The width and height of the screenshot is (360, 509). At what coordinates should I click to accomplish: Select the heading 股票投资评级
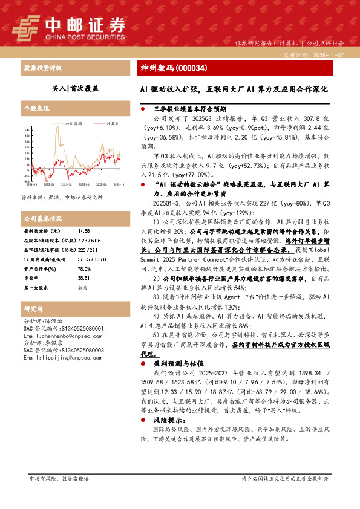pos(43,68)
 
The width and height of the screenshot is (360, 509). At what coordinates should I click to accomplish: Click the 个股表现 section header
pos(36,108)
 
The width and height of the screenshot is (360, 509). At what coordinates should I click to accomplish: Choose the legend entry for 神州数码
pos(73,123)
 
